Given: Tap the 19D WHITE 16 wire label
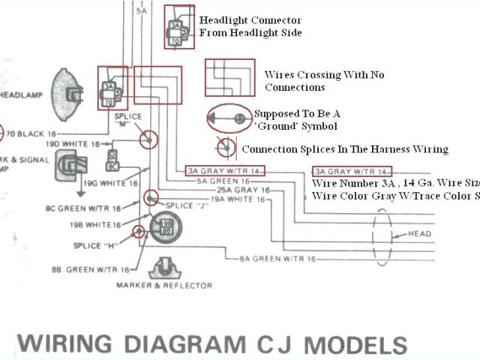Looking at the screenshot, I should pyautogui.click(x=73, y=142).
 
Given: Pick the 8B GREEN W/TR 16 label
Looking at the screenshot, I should pyautogui.click(x=93, y=268).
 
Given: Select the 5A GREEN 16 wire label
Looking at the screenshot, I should pyautogui.click(x=223, y=181).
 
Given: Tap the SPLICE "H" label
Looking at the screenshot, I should pyautogui.click(x=100, y=246).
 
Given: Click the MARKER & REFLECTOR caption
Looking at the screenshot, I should pyautogui.click(x=164, y=286).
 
